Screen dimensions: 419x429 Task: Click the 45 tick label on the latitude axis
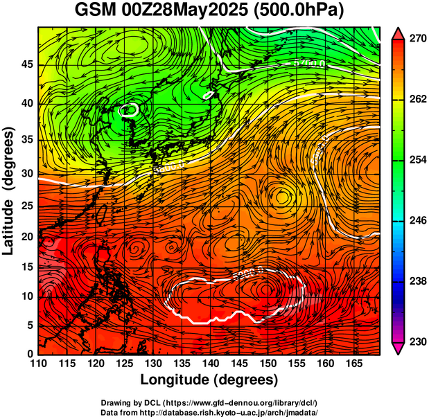(x=26, y=65)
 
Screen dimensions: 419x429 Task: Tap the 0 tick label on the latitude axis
(x=30, y=354)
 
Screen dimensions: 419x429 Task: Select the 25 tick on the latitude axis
(x=26, y=205)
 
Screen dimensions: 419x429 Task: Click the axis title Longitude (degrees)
(x=209, y=380)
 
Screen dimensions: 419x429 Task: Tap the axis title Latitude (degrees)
(x=10, y=190)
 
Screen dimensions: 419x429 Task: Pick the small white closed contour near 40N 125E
(x=129, y=109)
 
